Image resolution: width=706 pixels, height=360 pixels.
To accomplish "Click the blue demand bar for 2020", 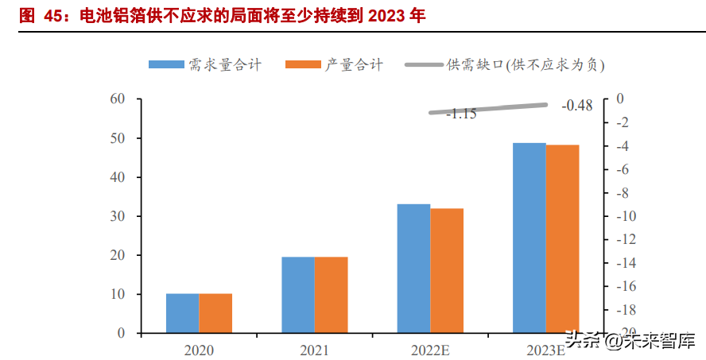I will point(182,313).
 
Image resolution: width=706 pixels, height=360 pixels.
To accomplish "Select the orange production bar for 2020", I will point(215,313).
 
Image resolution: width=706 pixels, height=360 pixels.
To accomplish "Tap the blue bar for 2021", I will point(297,295).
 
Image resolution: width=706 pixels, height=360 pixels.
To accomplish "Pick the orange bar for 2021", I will point(331,295).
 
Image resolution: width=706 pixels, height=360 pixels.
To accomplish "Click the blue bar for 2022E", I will point(413,269).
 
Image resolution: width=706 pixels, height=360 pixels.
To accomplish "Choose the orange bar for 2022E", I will point(447,270).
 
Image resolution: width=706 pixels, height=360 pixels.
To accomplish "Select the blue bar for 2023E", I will point(529,238).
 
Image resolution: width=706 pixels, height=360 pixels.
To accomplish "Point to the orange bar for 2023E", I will point(562,238).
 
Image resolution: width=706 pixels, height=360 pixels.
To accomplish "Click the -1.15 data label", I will point(461,114).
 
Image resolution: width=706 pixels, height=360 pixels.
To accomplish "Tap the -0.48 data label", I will point(577,106).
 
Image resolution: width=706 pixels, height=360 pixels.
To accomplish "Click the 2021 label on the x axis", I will point(313,349).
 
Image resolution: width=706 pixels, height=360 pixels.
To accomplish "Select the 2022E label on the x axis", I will point(429,349).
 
